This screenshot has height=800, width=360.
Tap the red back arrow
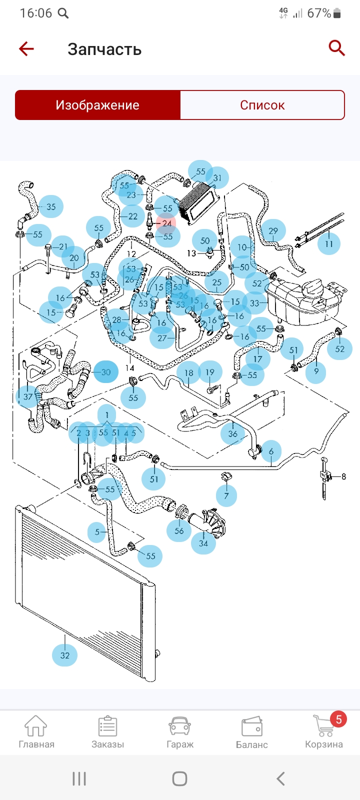tap(26, 48)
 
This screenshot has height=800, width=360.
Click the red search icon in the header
tap(336, 48)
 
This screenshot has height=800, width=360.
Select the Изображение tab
tap(97, 105)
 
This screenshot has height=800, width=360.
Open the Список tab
tap(262, 105)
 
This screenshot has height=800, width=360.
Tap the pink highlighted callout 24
tap(167, 223)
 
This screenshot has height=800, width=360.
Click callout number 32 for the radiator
tap(65, 655)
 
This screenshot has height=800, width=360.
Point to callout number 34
tap(203, 543)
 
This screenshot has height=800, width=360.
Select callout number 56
tap(179, 531)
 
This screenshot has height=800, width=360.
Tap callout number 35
tap(51, 206)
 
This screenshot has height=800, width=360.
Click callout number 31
tap(217, 178)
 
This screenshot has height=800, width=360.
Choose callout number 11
tap(328, 244)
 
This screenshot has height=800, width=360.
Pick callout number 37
tap(28, 397)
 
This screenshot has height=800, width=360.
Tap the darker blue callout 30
tap(106, 372)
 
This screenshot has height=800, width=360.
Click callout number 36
tap(233, 433)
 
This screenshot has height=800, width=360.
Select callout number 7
tap(226, 495)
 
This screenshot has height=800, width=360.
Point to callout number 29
tap(273, 231)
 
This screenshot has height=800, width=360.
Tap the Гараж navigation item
tap(180, 731)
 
